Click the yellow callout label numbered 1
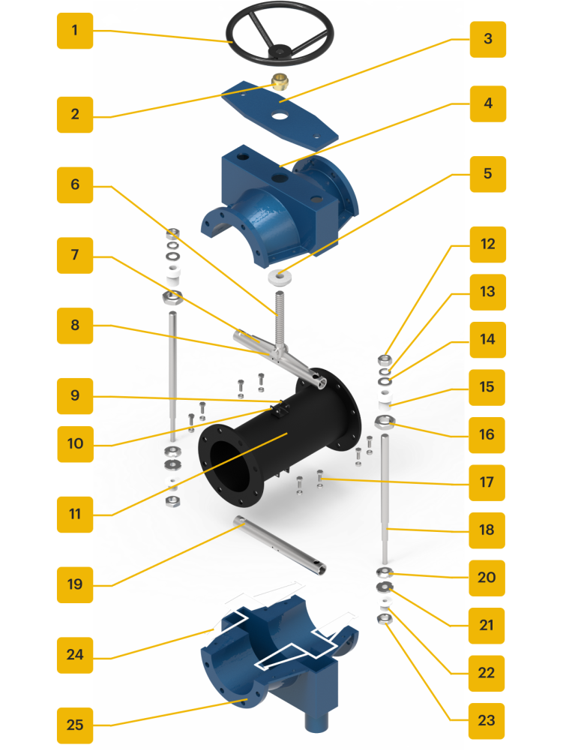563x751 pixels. pos(75,31)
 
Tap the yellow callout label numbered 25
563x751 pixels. pos(75,725)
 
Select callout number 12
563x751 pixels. pos(488,245)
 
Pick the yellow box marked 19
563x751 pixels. pos(75,584)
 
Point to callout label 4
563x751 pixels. pos(488,104)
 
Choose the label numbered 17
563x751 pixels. pos(487,482)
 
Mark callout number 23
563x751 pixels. pos(487,721)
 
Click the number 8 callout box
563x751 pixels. pos(75,326)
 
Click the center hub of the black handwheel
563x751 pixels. pos(279,50)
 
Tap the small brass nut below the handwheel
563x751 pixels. pos(280,82)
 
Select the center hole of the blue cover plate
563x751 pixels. pos(280,116)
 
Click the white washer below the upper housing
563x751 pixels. pos(280,278)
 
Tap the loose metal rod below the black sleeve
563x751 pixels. pos(280,544)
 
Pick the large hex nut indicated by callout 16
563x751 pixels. pos(385,422)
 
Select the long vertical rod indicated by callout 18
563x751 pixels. pos(385,499)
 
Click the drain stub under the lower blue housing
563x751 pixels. pos(317,721)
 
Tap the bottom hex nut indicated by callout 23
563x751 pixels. pos(385,619)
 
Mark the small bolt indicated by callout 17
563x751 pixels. pos(320,479)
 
